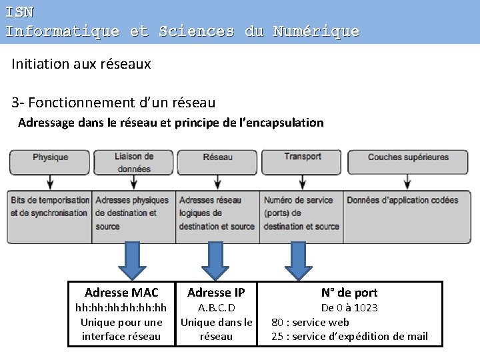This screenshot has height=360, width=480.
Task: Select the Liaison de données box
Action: (x=133, y=163)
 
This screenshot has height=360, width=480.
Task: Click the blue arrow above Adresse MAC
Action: (x=132, y=259)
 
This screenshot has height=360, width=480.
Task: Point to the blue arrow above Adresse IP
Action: (x=215, y=259)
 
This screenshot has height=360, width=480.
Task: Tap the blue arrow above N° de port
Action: (x=298, y=259)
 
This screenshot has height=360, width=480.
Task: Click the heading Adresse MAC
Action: (x=121, y=293)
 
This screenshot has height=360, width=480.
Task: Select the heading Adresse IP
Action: (x=216, y=293)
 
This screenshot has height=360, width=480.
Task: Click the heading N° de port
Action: (x=349, y=293)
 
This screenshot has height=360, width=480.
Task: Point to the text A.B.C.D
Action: (x=217, y=308)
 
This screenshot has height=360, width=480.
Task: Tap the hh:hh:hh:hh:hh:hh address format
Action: (x=121, y=308)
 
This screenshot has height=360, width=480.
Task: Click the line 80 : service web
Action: (x=310, y=322)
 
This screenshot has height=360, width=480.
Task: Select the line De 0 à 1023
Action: (x=349, y=308)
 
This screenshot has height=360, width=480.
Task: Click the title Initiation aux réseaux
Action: (x=81, y=64)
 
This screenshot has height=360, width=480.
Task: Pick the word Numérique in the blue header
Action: (x=316, y=31)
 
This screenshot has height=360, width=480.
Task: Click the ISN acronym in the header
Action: (x=19, y=11)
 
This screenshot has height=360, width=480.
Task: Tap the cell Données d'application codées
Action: (x=403, y=200)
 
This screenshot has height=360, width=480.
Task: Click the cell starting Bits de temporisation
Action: (x=50, y=207)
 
